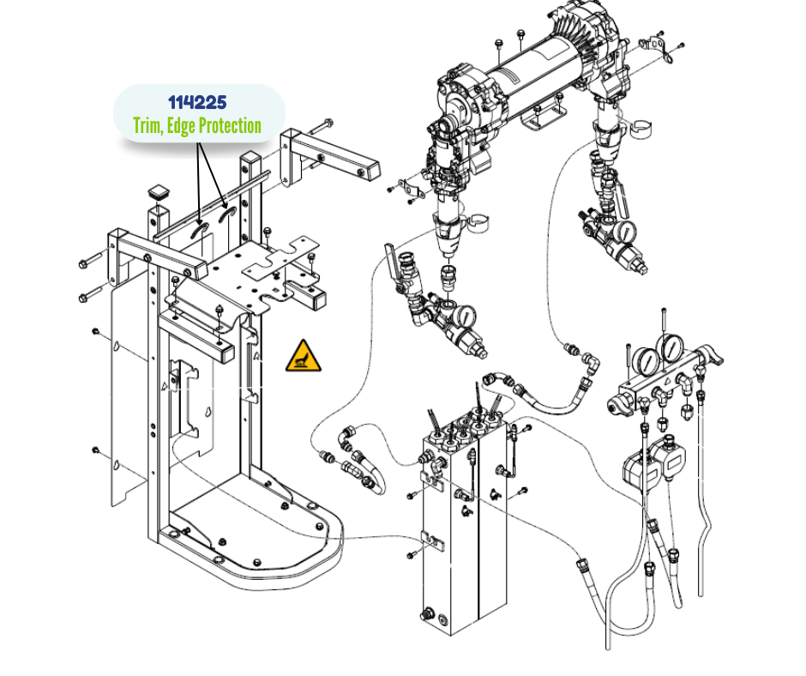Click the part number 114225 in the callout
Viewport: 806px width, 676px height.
[x=197, y=102]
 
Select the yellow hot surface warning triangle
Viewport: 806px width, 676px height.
[x=304, y=355]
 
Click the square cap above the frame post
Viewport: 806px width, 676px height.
[x=159, y=193]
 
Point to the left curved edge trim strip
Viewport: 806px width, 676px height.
[x=199, y=231]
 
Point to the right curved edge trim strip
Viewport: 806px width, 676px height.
[x=227, y=214]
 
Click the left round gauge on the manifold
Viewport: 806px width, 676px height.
[x=645, y=362]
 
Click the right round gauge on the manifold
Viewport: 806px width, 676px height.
[x=671, y=348]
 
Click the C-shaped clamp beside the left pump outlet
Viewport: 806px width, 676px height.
[x=478, y=222]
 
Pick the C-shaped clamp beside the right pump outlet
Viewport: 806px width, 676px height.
[x=641, y=128]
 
